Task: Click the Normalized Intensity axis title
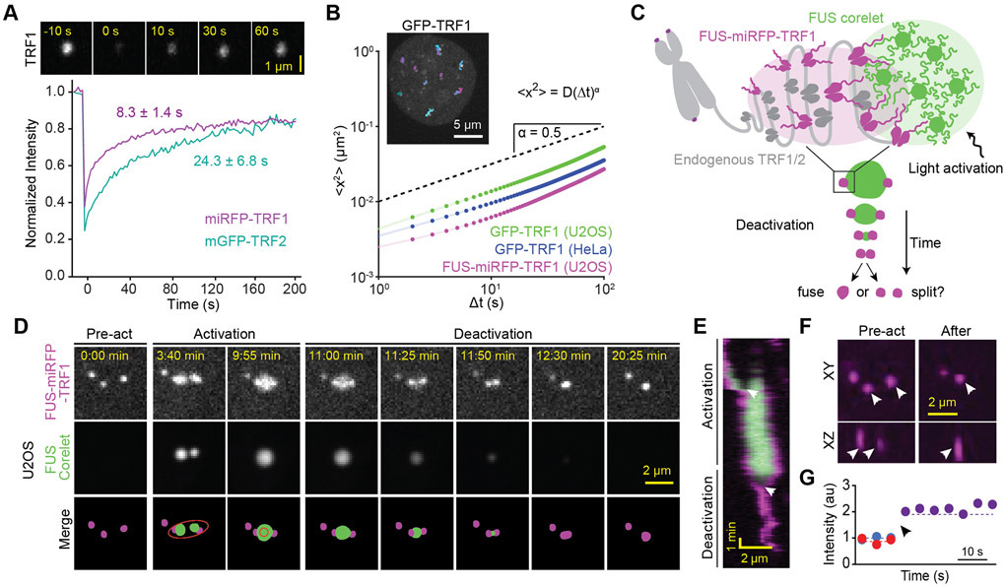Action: (14, 189)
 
